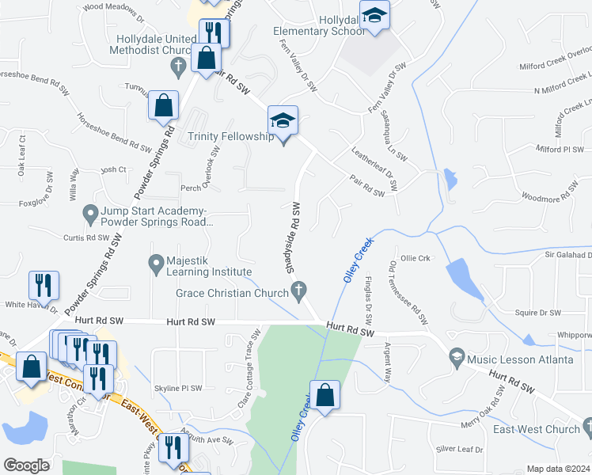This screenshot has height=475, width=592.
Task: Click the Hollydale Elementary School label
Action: [319, 25]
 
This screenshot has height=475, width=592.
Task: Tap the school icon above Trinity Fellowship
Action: [283, 120]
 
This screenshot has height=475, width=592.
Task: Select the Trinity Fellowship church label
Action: [230, 137]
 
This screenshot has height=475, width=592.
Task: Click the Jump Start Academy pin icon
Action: [90, 213]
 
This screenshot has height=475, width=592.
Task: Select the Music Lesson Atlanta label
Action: [520, 359]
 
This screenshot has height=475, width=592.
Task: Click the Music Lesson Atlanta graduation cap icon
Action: [457, 359]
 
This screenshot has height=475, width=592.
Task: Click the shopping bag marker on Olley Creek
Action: [324, 395]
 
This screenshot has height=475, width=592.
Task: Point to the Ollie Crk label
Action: [415, 258]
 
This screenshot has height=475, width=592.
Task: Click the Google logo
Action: [26, 465]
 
